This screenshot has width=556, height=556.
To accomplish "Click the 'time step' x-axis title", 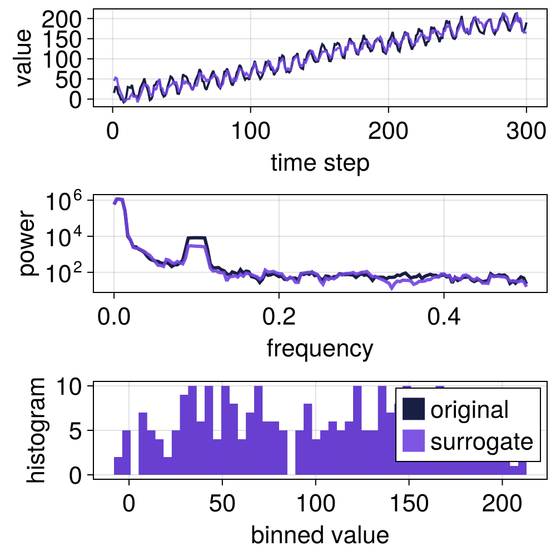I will pos(320,163).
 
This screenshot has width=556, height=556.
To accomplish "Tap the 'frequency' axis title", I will pos(320,349).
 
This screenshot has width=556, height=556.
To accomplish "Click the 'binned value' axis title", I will pos(320,535).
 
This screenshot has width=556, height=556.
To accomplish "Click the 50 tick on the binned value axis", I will pos(222,504).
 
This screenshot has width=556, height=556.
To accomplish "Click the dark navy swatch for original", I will pos(413,409).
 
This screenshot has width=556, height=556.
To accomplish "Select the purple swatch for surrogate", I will pos(413,441).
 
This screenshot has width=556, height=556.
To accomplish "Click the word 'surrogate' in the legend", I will pos(481,441).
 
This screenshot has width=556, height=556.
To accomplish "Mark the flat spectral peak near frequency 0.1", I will pos(197,238).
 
